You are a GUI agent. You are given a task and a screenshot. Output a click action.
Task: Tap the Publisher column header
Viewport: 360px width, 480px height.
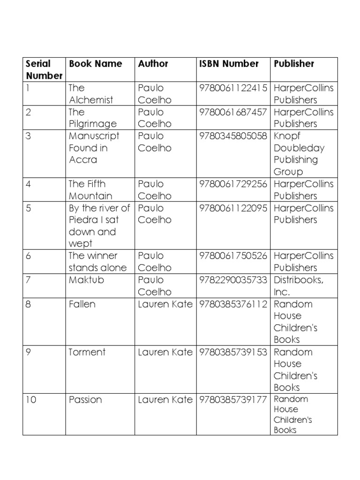[294, 64]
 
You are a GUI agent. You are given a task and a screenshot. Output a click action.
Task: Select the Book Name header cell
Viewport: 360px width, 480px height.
[95, 64]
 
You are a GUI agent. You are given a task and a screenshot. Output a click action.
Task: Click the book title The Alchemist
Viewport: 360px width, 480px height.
[91, 94]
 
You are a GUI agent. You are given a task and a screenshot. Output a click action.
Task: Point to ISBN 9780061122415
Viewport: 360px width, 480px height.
[233, 88]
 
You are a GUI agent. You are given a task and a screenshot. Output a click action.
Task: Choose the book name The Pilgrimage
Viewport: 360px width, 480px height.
[92, 118]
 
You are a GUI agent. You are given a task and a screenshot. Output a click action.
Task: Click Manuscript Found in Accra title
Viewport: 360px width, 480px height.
[94, 148]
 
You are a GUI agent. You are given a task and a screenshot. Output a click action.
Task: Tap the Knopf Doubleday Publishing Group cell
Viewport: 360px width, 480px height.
[299, 154]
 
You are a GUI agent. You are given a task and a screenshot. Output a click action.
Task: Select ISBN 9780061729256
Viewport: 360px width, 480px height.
[233, 184]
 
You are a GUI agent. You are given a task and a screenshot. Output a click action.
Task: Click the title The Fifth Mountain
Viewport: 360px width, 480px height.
[91, 189]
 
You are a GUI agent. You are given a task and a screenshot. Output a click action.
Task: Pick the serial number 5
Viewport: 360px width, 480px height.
[29, 208]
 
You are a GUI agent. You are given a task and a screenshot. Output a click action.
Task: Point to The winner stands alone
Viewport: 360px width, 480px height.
[97, 262]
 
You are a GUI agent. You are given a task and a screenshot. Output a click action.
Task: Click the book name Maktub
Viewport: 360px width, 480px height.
[86, 280]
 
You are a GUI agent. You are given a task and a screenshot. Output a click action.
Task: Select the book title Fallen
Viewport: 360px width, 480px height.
[82, 304]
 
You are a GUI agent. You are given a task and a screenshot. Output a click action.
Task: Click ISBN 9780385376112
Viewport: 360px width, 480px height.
[233, 304]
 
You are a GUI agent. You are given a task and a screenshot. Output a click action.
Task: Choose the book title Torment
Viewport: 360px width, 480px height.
[87, 352]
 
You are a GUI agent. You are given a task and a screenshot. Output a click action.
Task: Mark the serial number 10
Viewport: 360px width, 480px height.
[31, 400]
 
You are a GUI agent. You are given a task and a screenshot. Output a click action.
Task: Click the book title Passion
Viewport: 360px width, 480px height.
[85, 400]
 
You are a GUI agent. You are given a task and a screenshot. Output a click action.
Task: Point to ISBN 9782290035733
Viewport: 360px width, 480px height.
[233, 280]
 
